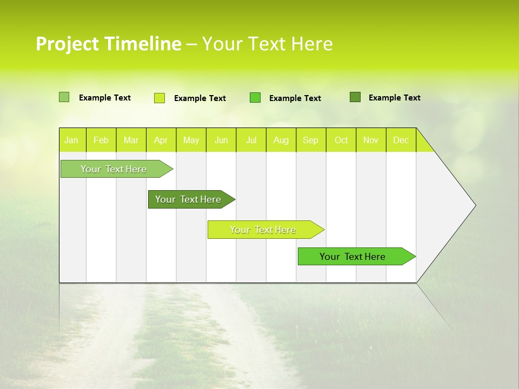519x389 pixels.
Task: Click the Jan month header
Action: point(71,140)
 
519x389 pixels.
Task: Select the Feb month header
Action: point(101,140)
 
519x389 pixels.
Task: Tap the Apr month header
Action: point(161,140)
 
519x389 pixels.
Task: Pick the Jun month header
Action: point(221,140)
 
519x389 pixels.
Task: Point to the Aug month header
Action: point(281,140)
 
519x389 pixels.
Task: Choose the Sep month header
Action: point(310,140)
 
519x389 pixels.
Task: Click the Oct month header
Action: point(341,140)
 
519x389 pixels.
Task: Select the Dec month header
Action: point(401,140)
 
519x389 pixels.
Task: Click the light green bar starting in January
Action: point(114,169)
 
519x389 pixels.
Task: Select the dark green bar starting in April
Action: point(189,199)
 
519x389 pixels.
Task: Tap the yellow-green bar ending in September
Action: point(263,230)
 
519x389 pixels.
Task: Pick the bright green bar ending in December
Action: point(353,257)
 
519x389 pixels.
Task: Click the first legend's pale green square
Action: point(64,97)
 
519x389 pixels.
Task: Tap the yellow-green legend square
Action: point(159,98)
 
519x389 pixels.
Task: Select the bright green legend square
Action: point(255,97)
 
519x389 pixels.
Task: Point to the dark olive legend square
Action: point(355,97)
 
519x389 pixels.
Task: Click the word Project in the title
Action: point(68,44)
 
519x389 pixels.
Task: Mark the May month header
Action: point(191,140)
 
